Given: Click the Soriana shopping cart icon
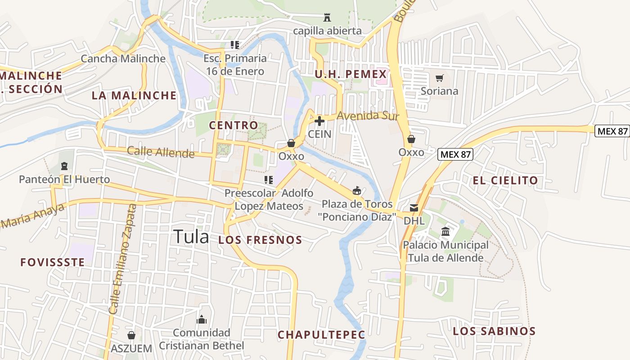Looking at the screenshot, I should [439, 78].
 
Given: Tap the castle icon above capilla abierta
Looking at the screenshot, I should [327, 18].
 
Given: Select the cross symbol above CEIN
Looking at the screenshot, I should [319, 121].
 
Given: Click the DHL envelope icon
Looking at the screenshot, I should [414, 208].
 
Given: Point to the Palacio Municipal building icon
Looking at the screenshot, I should [445, 232].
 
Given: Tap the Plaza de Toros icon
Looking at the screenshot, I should [356, 191].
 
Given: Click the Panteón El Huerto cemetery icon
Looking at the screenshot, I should [64, 166].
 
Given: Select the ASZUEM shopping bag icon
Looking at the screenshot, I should [131, 335].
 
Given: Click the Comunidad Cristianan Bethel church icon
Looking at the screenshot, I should [201, 319].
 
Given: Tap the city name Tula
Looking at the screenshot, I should [191, 237].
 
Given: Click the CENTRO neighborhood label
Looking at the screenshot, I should [234, 125].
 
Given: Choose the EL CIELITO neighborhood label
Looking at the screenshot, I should [505, 180].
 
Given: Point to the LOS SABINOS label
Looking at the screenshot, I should [494, 332].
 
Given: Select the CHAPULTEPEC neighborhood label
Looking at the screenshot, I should [321, 335].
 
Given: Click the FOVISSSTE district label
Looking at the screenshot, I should [53, 262].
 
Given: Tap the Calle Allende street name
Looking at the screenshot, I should [161, 152].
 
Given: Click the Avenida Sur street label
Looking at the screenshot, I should [368, 116].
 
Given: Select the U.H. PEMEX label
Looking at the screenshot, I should [351, 74].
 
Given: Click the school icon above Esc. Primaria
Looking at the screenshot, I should [234, 45].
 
